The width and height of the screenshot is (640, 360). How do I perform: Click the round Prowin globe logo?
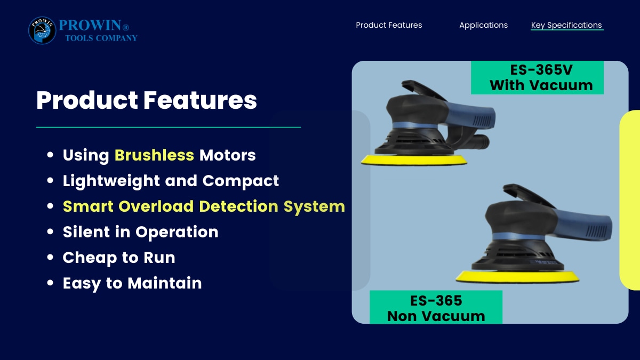tap(42, 30)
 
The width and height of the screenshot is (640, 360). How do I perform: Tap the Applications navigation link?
tap(483, 26)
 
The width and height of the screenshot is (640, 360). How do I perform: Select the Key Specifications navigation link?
tap(566, 26)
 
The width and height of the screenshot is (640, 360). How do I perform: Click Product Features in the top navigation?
tap(389, 25)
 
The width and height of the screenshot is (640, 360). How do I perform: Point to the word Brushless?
tap(154, 155)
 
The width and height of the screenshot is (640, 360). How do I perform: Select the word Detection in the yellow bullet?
tap(238, 206)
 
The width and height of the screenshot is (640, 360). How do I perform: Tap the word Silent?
tap(86, 231)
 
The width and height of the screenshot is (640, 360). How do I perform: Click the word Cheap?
tap(90, 258)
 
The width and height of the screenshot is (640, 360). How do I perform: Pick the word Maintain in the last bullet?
tap(165, 283)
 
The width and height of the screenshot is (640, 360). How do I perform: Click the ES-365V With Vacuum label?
tap(537, 77)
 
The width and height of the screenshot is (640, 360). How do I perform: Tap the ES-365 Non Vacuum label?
tap(436, 308)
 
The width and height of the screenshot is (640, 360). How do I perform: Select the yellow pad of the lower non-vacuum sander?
tap(517, 277)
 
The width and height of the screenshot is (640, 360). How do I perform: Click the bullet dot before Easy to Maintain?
tap(50, 283)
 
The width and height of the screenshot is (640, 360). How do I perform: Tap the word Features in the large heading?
tap(200, 100)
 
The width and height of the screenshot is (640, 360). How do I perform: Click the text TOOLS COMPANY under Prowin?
tap(101, 38)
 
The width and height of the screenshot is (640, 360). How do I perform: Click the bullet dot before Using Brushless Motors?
tap(50, 155)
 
